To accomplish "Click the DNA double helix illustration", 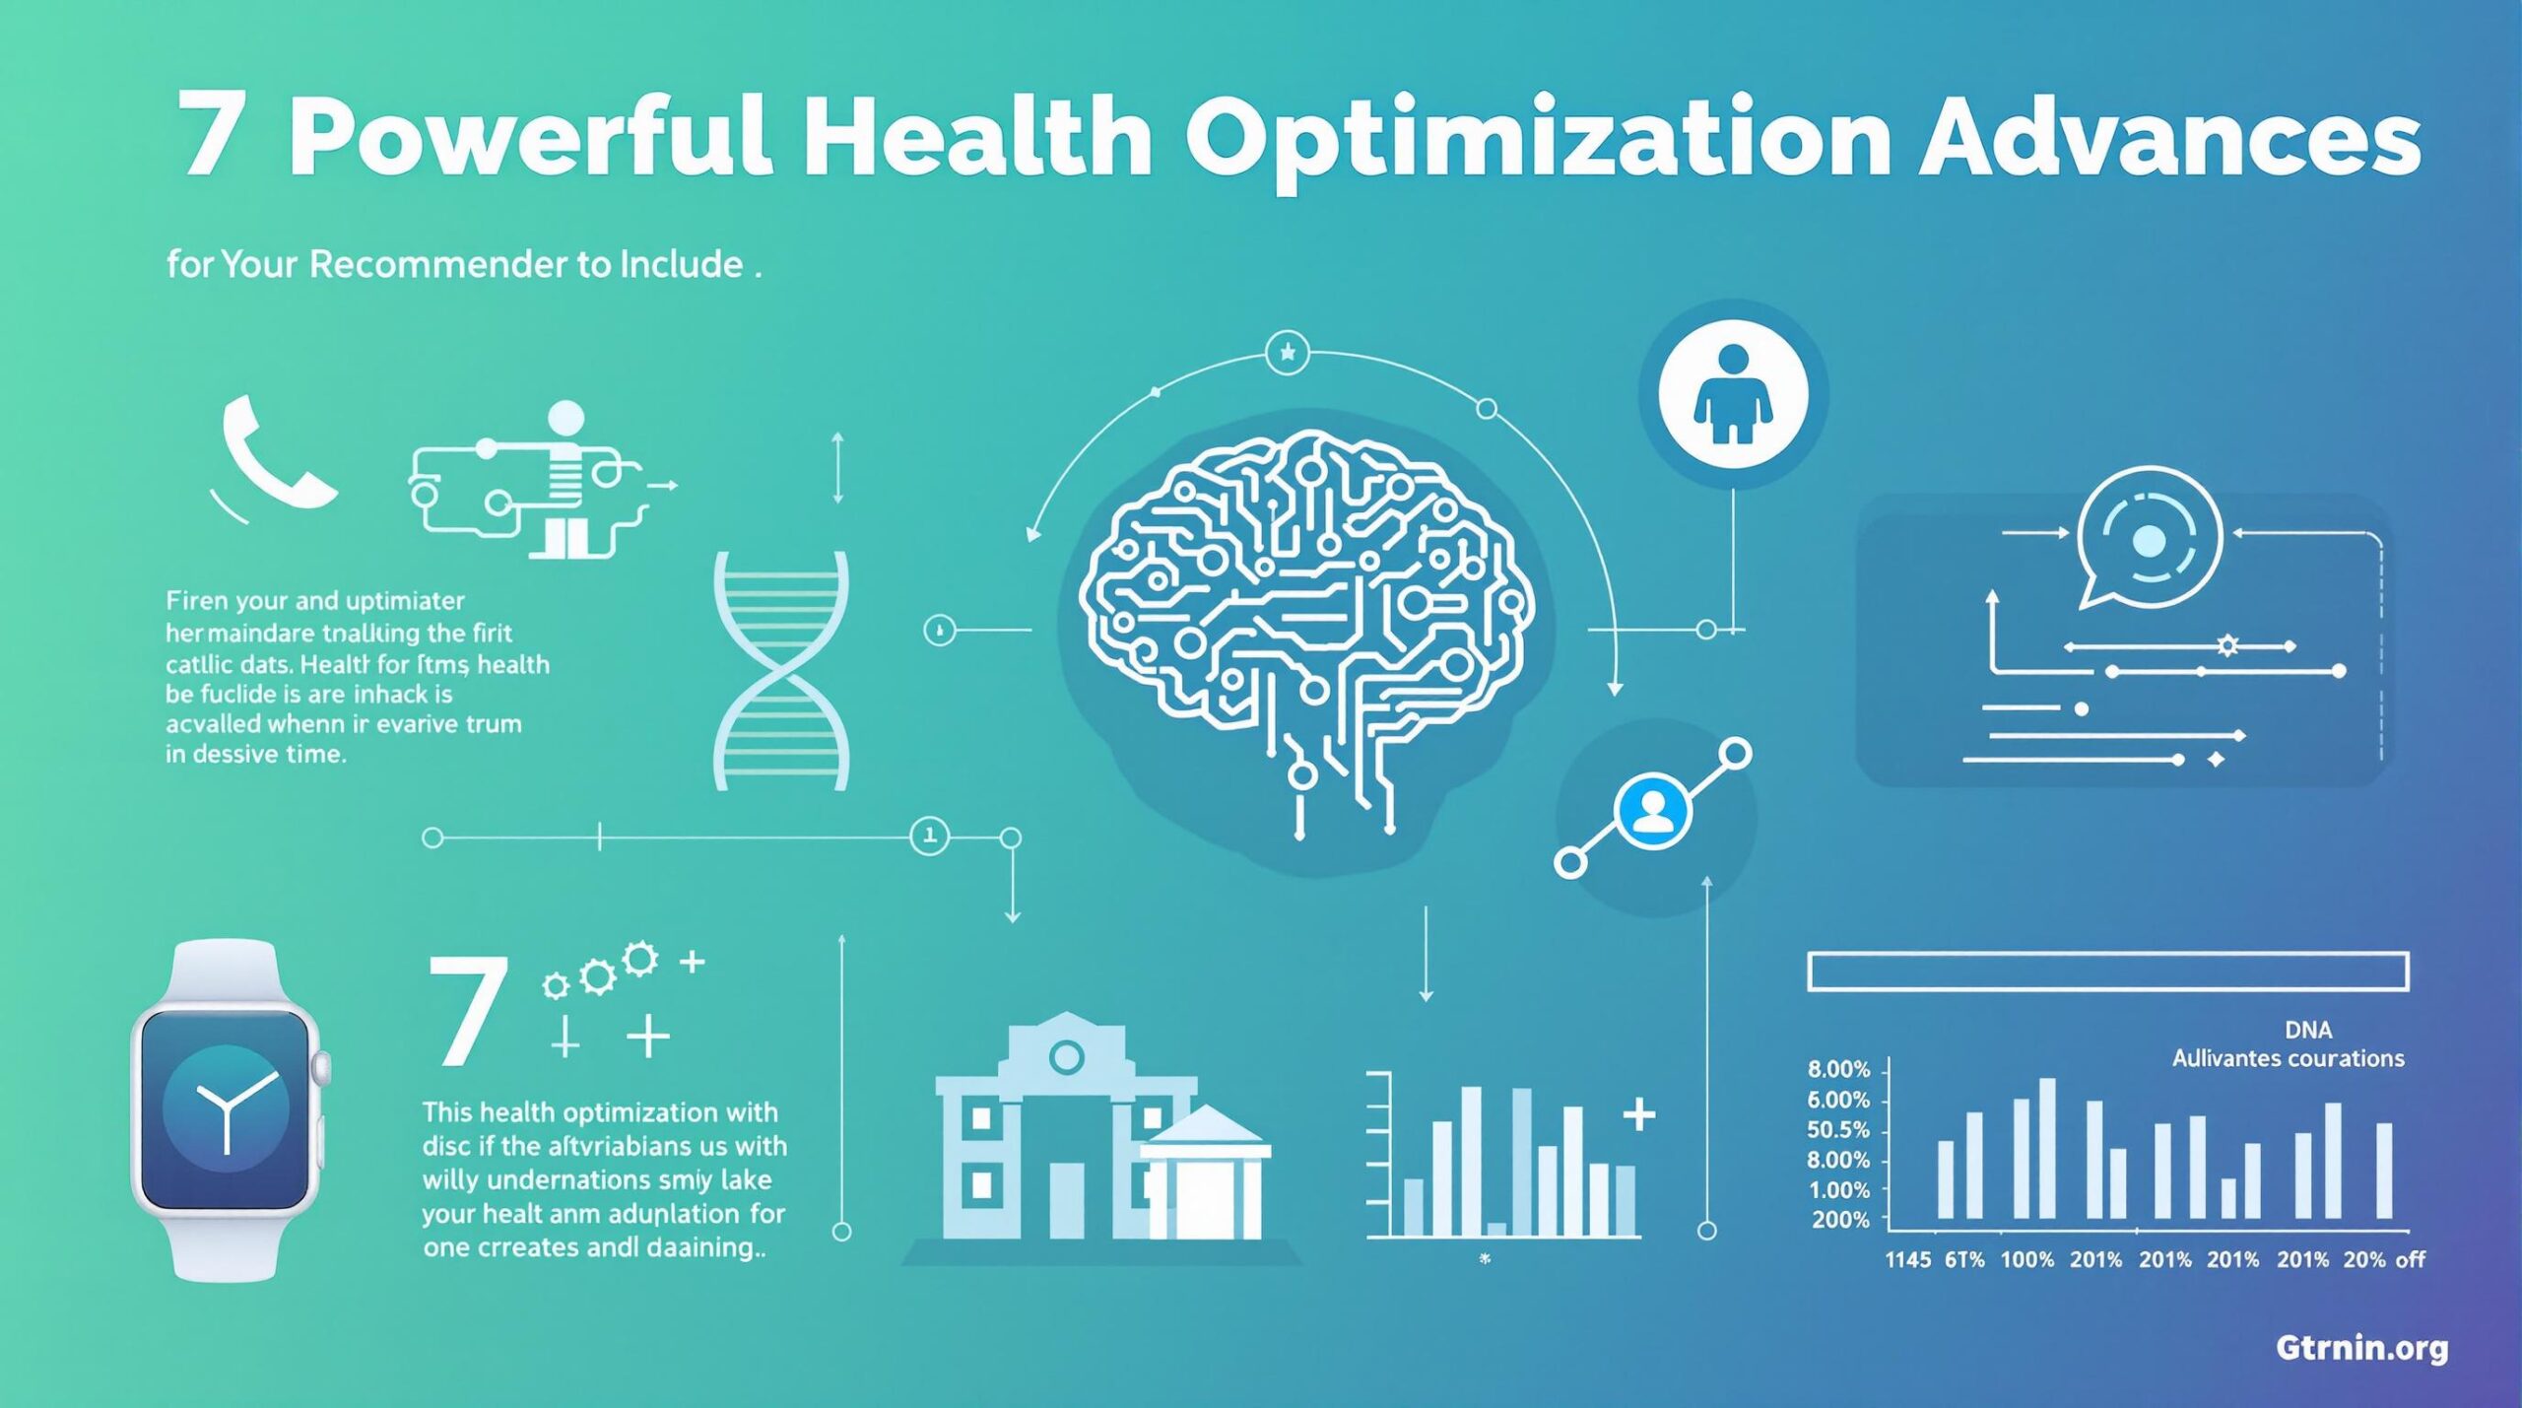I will coord(780,670).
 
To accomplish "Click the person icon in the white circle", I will coord(1733,393).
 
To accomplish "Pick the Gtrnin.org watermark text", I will coord(2361,1347).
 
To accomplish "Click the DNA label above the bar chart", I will coord(2308,1030).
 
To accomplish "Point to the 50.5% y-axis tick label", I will coord(1838,1129).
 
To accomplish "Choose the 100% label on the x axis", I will coord(2027,1259).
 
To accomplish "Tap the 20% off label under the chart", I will coord(2384,1259).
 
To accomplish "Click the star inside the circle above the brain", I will coord(1287,352).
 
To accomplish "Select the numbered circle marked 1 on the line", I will coord(929,837).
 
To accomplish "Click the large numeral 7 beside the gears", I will coord(469,1010).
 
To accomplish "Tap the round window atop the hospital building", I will coord(1066,1058).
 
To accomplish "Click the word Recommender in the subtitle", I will coord(438,264).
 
